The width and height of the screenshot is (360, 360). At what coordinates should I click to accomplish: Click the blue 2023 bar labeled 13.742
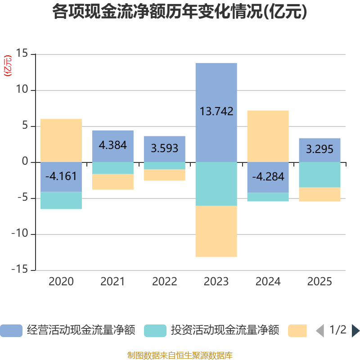click(216, 113)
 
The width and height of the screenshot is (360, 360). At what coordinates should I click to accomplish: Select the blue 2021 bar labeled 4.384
click(113, 147)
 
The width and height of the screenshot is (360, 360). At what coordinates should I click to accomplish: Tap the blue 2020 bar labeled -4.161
click(61, 177)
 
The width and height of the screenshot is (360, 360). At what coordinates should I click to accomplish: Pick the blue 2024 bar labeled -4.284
click(268, 177)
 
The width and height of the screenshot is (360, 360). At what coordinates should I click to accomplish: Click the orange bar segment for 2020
click(61, 140)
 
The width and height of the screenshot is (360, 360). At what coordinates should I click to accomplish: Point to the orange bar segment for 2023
click(216, 231)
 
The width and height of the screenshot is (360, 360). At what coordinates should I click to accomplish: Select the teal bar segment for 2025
click(319, 175)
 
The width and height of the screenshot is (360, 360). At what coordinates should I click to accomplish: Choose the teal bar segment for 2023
click(216, 184)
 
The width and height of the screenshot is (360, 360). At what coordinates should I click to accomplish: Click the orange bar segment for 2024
click(268, 136)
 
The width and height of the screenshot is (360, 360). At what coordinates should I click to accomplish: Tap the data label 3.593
click(165, 148)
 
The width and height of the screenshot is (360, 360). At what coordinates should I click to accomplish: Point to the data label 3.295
click(319, 149)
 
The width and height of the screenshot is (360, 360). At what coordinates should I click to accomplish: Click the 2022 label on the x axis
click(165, 282)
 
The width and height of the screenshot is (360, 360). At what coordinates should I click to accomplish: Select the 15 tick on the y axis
click(22, 53)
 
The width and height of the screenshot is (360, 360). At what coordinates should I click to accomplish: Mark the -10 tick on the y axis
click(20, 234)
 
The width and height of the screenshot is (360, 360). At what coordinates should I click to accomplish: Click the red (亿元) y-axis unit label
click(8, 66)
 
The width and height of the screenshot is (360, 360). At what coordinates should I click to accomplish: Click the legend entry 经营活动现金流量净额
click(68, 330)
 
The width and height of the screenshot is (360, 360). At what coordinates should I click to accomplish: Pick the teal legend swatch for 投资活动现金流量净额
click(155, 331)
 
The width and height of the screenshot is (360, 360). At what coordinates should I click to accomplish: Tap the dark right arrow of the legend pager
click(355, 331)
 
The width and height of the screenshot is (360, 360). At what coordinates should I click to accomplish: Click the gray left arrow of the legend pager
click(320, 331)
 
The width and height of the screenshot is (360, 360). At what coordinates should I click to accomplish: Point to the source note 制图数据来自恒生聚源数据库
click(180, 355)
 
